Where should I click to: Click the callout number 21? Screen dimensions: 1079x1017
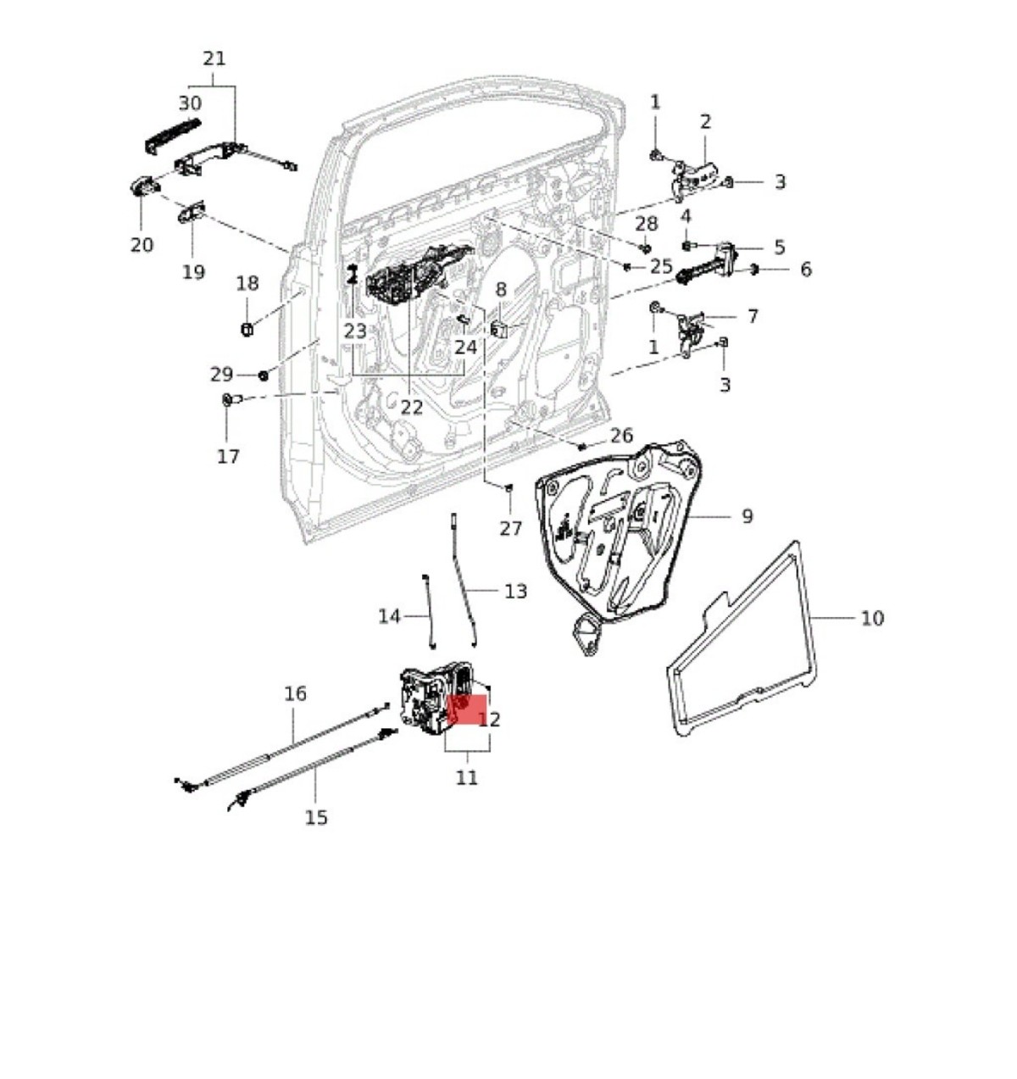214,58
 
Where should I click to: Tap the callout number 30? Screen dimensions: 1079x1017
190,103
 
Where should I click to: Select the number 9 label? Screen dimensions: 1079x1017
747,515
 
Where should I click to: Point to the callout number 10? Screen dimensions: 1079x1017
871,618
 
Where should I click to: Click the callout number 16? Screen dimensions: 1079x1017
295,694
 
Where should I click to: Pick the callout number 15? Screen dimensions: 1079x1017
315,817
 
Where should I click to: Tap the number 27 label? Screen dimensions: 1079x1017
510,528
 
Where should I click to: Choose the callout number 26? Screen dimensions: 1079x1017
621,436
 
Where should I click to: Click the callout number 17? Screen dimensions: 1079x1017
228,456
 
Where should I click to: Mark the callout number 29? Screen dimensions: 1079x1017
221,374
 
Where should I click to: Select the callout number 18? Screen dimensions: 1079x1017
247,283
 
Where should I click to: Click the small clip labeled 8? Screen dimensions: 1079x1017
499,328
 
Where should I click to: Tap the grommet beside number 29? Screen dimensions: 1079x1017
263,375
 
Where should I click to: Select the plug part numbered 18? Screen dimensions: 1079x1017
247,329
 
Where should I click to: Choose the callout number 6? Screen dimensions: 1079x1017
805,270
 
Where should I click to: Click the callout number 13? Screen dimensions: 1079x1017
515,591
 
